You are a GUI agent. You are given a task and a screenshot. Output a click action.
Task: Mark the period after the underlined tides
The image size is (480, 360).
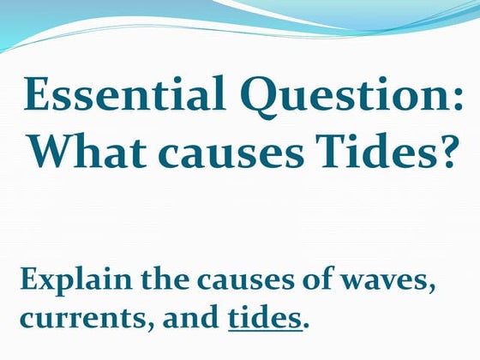(305, 327)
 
